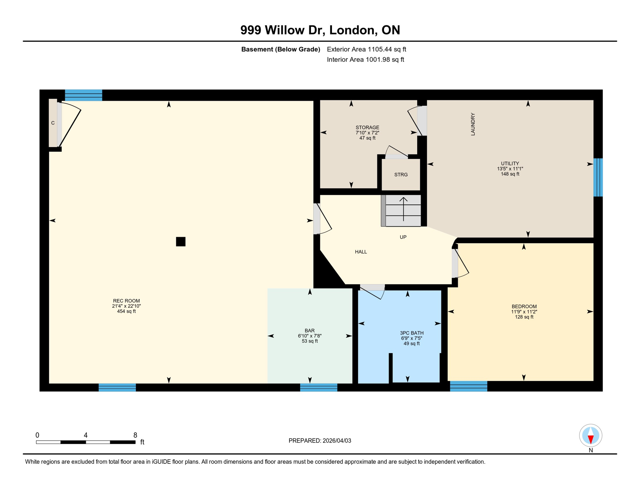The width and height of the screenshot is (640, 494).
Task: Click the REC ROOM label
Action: (126, 301)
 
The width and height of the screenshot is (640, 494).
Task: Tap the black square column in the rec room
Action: (181, 242)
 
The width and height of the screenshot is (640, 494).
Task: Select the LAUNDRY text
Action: (473, 124)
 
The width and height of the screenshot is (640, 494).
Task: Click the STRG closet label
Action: (401, 175)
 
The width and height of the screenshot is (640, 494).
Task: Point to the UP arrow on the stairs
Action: (403, 209)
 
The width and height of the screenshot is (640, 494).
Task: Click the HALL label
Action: (361, 252)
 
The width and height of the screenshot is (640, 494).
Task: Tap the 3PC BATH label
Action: (411, 333)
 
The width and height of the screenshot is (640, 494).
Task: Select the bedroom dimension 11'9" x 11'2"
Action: (524, 312)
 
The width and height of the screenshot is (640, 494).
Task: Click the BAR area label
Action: (309, 331)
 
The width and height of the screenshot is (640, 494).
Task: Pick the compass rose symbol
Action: (590, 435)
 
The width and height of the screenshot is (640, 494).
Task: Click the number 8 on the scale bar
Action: (135, 435)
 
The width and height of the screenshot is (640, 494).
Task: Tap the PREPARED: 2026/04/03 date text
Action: (320, 441)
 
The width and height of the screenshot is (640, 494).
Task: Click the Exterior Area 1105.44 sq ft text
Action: (366, 49)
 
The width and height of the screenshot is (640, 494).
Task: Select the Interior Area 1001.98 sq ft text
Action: (365, 59)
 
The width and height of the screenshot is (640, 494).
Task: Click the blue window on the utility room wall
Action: (598, 177)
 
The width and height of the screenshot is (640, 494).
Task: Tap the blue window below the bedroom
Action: (468, 386)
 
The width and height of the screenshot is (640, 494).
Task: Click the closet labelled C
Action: (53, 123)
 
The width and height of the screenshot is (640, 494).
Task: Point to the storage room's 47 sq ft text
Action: (367, 138)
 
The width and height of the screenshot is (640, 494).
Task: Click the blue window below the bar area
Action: (318, 387)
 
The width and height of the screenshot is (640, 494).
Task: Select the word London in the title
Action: (353, 30)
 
